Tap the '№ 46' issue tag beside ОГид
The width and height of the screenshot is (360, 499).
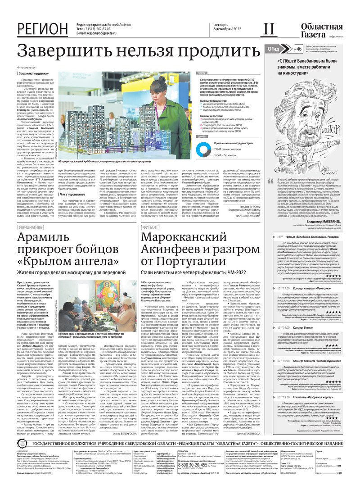(297, 49)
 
